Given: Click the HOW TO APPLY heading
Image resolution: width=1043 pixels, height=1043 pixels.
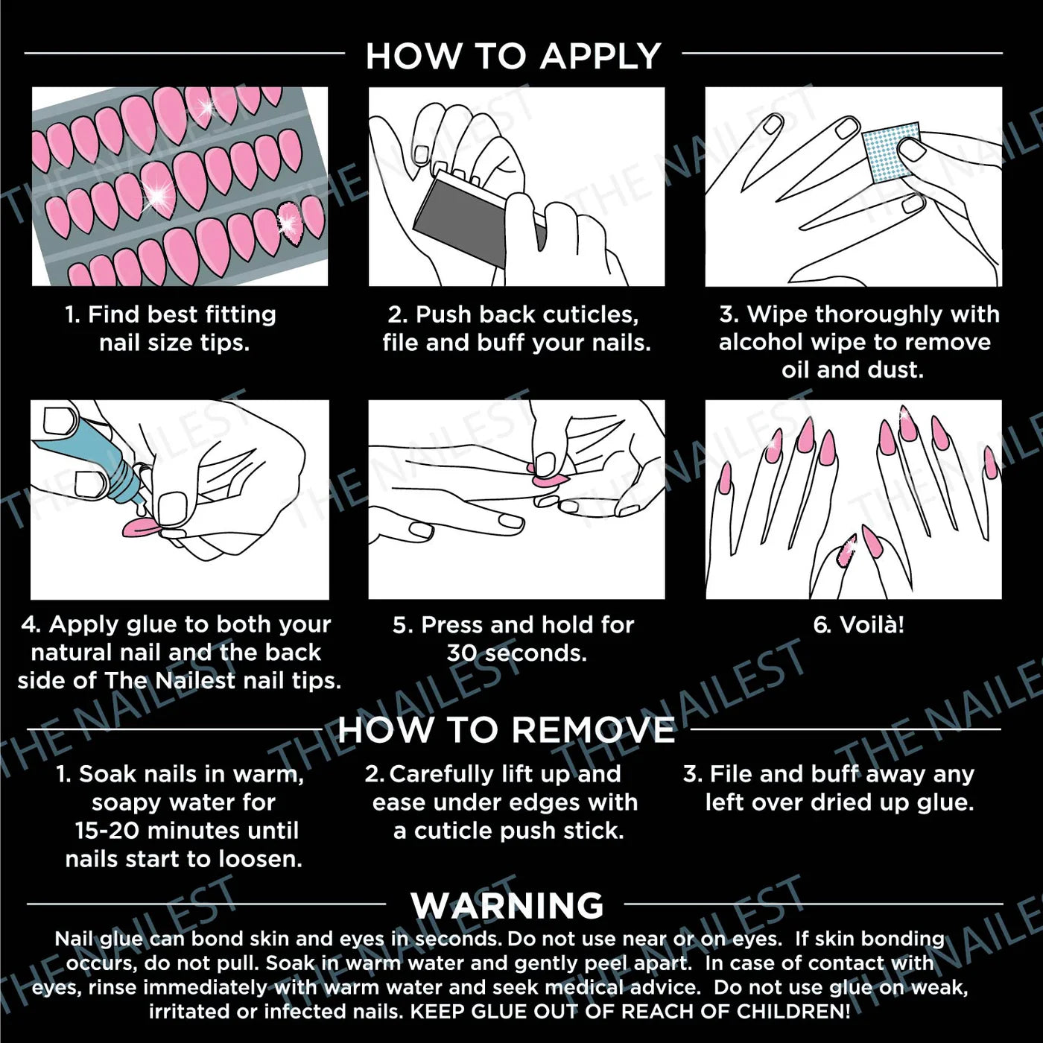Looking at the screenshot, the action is click(x=513, y=56).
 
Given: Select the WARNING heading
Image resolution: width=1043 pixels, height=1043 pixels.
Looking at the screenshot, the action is click(x=507, y=905).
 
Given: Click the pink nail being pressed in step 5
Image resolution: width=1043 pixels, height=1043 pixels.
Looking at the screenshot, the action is click(x=549, y=480).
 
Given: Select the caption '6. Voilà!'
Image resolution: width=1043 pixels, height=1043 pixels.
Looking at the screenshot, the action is click(x=858, y=625).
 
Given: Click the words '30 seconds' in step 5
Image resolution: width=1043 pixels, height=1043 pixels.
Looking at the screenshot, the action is click(x=517, y=653).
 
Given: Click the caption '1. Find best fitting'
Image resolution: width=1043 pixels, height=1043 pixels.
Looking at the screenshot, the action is click(x=171, y=314).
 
